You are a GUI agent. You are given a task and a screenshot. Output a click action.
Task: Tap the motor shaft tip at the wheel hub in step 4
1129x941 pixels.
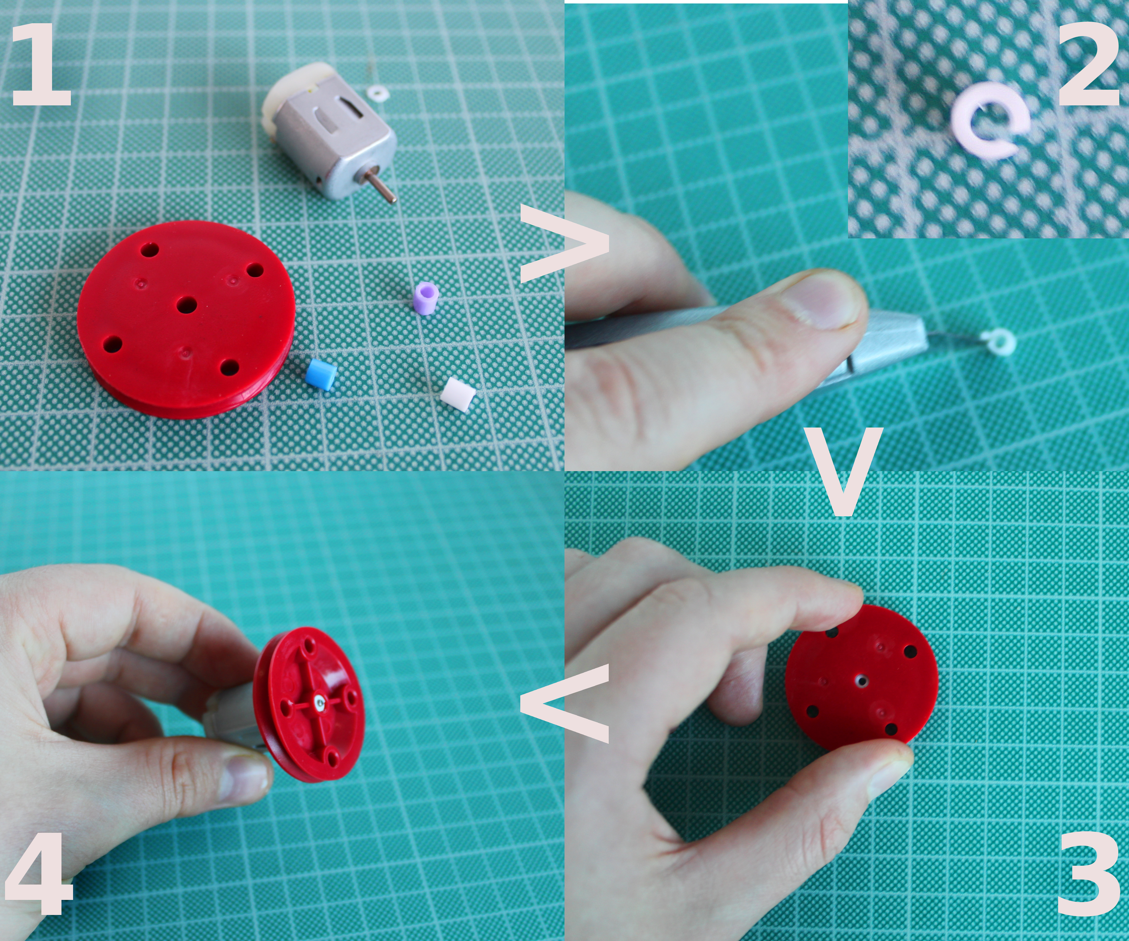pyautogui.click(x=320, y=701)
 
